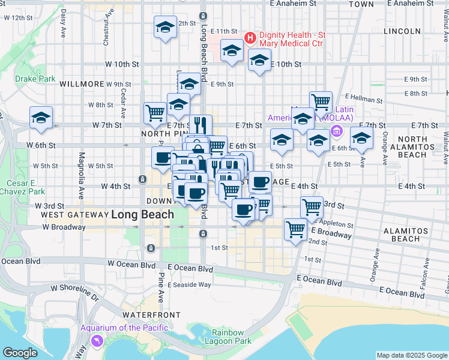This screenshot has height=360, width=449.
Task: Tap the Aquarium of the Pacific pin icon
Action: click(x=96, y=341)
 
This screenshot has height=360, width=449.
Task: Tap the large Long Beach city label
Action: click(x=143, y=214)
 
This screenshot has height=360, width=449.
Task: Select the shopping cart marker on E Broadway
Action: click(x=295, y=229)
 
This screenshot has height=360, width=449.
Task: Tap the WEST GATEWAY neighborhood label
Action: click(x=74, y=215)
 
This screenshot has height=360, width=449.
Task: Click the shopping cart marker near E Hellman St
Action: click(x=321, y=101)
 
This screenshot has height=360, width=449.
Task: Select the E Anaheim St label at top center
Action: click(x=293, y=4)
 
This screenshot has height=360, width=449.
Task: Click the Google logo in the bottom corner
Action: click(x=20, y=353)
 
